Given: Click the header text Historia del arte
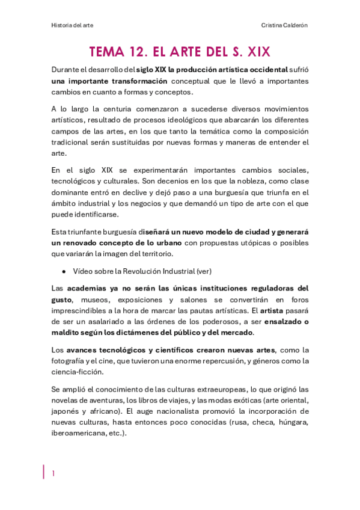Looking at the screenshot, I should point(72,25).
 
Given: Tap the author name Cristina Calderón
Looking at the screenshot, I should point(284,25).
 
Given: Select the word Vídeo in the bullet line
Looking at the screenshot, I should point(83,271).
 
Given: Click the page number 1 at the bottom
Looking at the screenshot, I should point(53,473).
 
